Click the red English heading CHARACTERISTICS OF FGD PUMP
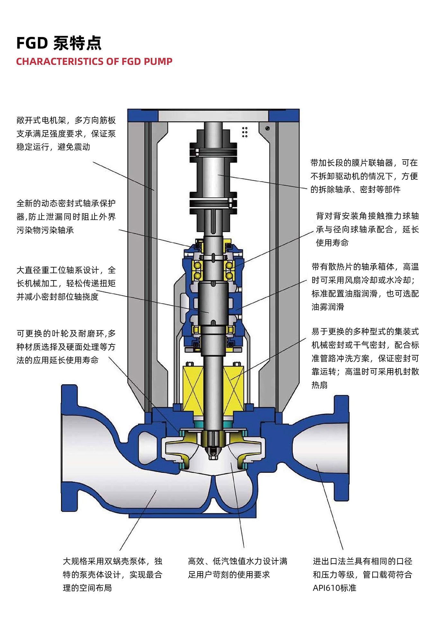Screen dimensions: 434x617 (94, 61)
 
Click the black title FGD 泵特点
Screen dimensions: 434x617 (59, 43)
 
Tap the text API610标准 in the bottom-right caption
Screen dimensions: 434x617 (335, 588)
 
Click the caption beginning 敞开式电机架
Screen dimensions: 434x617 (66, 133)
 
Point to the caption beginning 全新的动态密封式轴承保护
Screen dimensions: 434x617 (66, 217)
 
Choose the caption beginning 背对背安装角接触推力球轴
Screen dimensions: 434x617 (367, 229)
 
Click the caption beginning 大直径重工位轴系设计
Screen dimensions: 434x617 (66, 283)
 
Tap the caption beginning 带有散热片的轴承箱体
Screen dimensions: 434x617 (365, 287)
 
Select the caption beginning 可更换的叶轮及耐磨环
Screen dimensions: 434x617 (66, 347)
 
